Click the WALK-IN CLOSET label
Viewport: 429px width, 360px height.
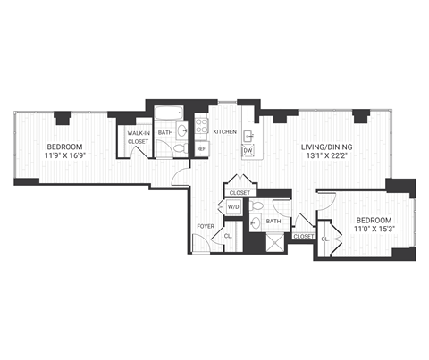coord(138,137)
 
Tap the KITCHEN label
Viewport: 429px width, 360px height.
coord(225,132)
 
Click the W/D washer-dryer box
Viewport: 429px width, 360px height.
coord(232,206)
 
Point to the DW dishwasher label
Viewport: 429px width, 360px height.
coord(248,150)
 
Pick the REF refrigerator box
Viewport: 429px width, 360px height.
coord(202,148)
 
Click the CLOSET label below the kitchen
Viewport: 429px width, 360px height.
coord(240,191)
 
